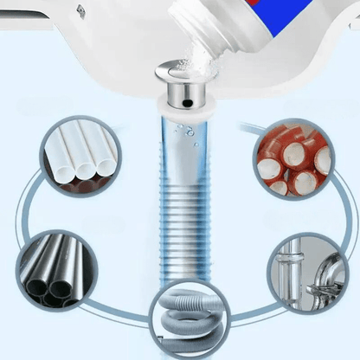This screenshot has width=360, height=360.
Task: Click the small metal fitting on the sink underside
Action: pyautogui.click(x=80, y=10)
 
